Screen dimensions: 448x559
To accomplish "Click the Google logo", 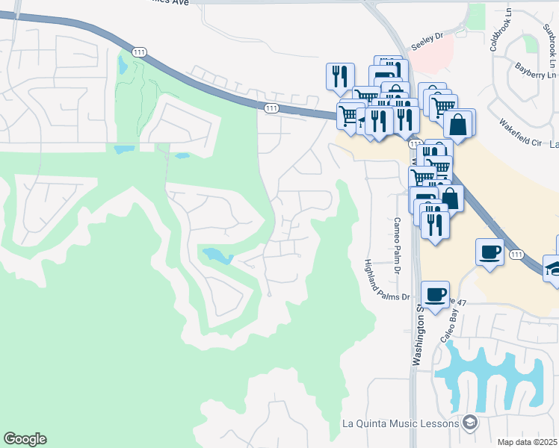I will (x=25, y=439).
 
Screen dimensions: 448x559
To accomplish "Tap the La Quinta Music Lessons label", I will (x=399, y=423).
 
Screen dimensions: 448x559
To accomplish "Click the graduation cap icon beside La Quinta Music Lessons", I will (x=469, y=423).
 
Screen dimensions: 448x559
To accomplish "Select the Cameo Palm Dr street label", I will (x=398, y=244).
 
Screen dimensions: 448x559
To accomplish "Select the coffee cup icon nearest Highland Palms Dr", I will (x=436, y=293).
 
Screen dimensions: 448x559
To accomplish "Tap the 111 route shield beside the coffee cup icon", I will (x=516, y=255).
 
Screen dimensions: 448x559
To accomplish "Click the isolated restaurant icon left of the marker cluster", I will (x=339, y=76).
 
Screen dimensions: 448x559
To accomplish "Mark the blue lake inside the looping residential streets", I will (x=217, y=256).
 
